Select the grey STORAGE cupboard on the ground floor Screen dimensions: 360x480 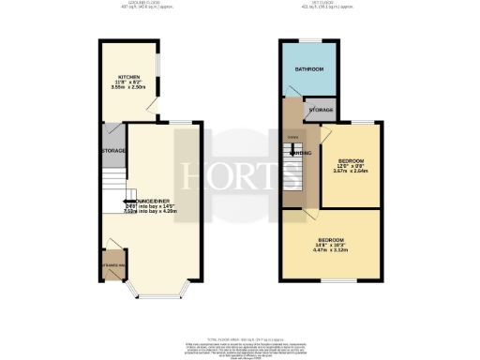click(113, 150)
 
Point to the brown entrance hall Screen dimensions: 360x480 click(115, 266)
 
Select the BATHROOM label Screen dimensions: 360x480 click(310, 70)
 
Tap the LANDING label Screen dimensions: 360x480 click(301, 155)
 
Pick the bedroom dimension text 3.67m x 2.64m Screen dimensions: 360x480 click(351, 171)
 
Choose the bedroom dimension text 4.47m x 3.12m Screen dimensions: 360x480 click(330, 251)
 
